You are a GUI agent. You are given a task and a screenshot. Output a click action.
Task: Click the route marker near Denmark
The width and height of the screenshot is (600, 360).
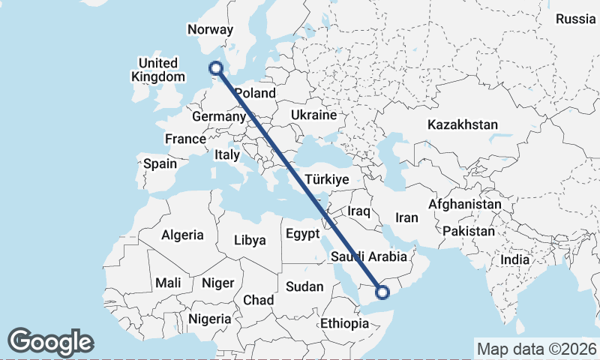(217, 69)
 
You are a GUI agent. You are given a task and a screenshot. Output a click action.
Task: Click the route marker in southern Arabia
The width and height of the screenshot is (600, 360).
(382, 292)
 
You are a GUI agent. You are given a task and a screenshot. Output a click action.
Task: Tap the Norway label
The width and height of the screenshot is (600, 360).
(210, 30)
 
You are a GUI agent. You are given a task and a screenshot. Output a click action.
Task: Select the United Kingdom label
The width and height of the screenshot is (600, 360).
(157, 70)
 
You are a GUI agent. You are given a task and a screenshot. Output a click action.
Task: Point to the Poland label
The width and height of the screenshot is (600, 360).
(255, 94)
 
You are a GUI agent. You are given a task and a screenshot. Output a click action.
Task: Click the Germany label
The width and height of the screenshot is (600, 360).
(218, 117)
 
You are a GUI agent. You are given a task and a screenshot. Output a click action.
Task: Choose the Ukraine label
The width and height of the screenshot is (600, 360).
(312, 115)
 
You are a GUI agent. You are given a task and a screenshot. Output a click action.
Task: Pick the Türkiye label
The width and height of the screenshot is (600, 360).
(328, 180)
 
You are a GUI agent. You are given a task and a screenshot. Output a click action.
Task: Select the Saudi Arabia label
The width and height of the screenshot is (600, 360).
(368, 257)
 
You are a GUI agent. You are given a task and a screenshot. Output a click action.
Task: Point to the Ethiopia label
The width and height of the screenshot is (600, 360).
(344, 324)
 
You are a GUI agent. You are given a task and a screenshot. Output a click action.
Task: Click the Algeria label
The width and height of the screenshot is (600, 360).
(182, 235)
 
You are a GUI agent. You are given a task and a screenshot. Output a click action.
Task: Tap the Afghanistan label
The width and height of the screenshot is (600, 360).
(465, 204)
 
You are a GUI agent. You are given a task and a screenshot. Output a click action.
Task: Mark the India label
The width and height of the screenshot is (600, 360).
(514, 259)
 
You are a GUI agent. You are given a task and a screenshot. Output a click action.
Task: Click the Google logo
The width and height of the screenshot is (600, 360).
(50, 341)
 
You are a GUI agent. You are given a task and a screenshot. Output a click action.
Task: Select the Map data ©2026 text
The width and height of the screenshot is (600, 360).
(536, 349)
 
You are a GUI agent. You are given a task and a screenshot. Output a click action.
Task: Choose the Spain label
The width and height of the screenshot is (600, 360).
(160, 163)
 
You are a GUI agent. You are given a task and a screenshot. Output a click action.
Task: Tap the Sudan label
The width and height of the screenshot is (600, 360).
(304, 286)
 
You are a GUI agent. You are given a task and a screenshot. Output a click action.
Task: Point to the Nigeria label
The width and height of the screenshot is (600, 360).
(209, 319)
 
